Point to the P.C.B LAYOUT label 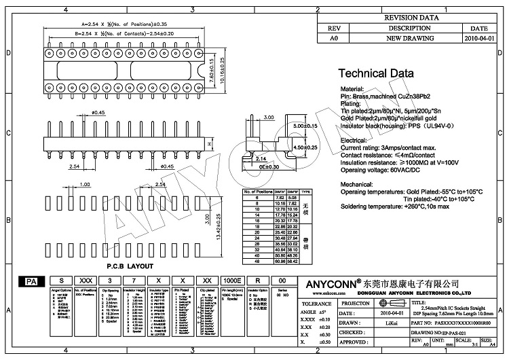tap(130, 266)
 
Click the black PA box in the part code tap(31, 280)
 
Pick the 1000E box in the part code tap(231, 280)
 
